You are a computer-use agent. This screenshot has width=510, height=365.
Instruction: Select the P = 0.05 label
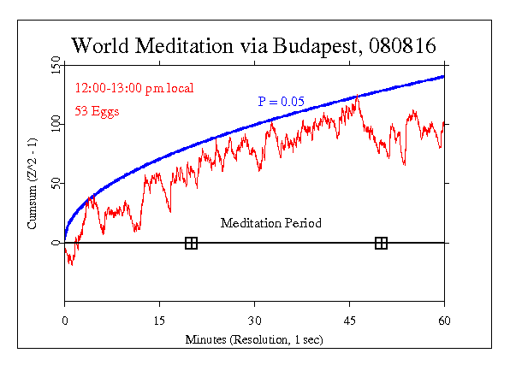[281, 102]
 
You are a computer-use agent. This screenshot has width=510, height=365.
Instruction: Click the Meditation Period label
[271, 223]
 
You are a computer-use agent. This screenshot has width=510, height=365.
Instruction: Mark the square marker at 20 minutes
[191, 244]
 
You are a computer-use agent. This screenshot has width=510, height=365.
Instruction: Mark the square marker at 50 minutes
[381, 244]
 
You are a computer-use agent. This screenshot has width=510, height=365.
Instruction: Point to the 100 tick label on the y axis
[56, 125]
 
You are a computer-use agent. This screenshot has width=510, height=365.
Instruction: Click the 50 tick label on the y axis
[56, 184]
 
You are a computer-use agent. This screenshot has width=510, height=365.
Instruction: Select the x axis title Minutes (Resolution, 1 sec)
[254, 339]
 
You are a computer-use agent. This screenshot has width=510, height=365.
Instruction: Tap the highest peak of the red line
[356, 98]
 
